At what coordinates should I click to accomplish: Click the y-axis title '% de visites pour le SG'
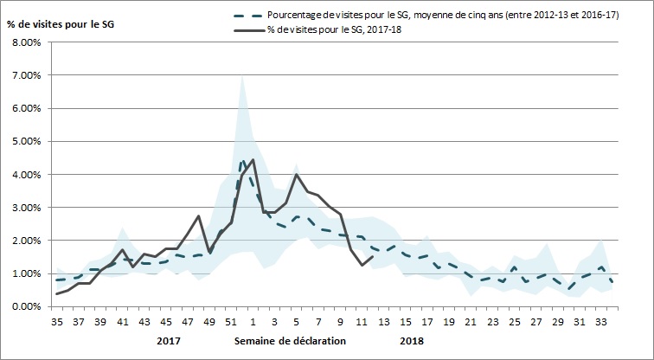pos(61,22)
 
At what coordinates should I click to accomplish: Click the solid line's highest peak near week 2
pos(253,160)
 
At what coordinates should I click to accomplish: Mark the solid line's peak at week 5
pos(297,175)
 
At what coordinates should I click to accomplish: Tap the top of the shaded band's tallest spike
pos(242,76)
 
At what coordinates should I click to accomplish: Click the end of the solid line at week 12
pos(372,256)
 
